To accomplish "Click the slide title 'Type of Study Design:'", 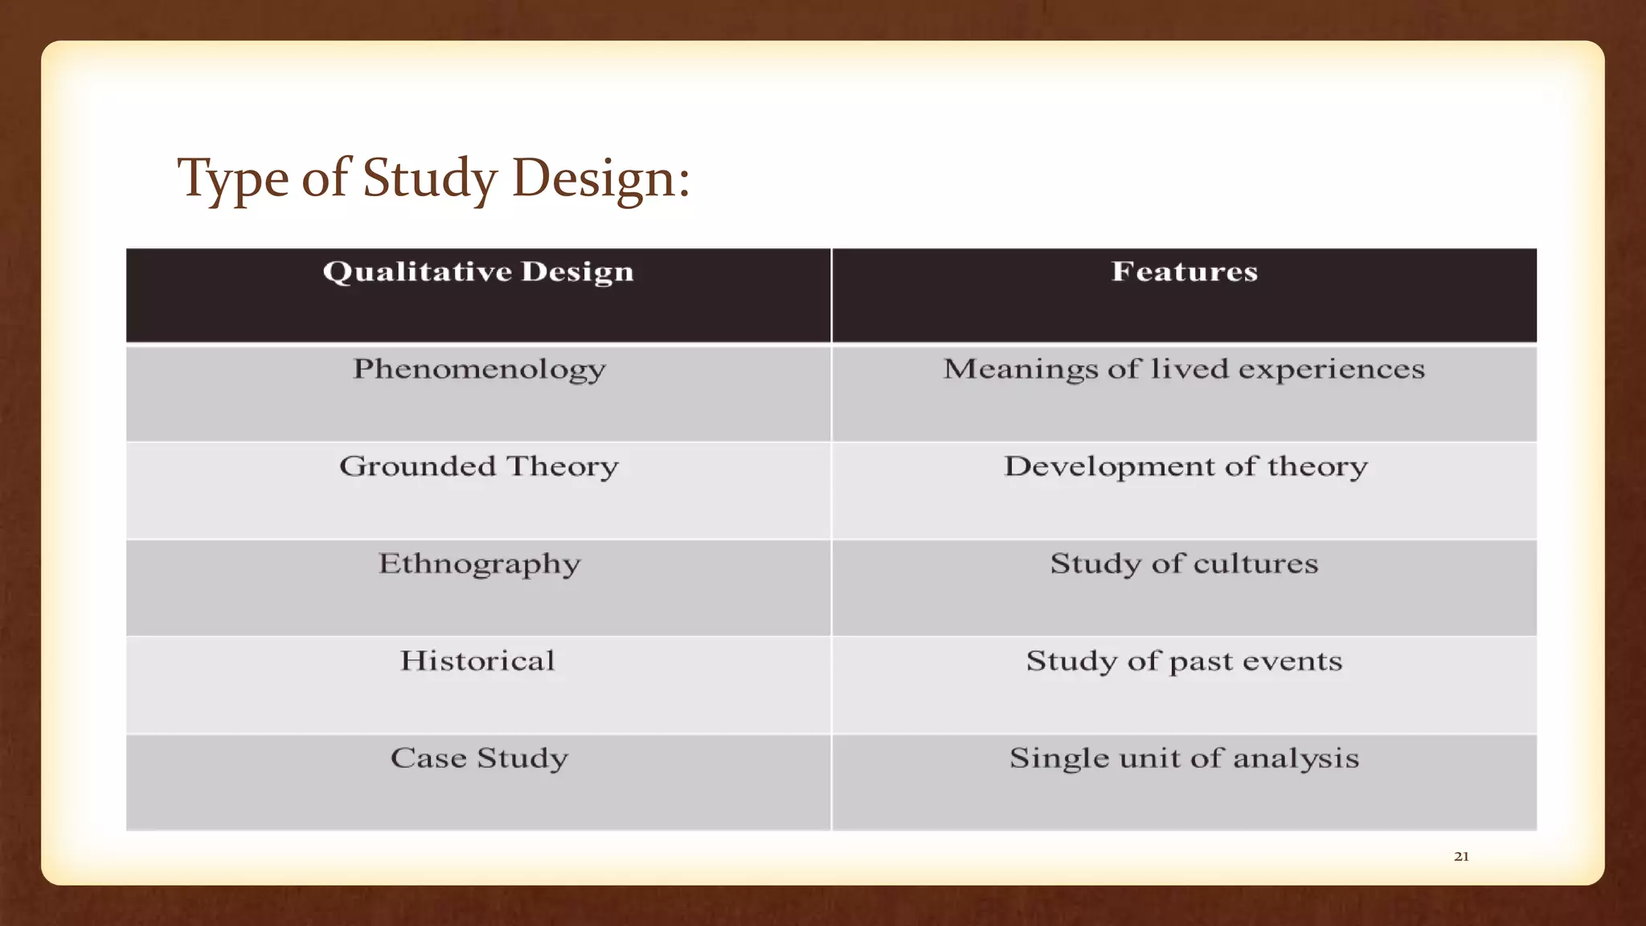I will [x=433, y=178].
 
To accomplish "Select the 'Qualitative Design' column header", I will [x=478, y=272].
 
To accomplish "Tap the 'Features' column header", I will [x=1184, y=272].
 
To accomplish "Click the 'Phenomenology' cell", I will [x=479, y=370].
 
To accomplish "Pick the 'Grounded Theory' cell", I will [x=479, y=466].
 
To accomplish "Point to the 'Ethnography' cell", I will [x=479, y=564].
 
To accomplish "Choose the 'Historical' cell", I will [x=477, y=661].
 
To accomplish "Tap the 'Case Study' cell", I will [x=479, y=758].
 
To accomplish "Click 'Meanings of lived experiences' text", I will [x=1184, y=369].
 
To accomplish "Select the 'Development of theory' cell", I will [x=1185, y=466].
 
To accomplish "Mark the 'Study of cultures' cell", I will [x=1184, y=563].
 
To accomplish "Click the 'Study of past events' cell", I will [x=1184, y=661].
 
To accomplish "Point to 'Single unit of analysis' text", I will [x=1184, y=758].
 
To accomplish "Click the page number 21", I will [x=1461, y=857].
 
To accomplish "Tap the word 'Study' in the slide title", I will [x=429, y=178].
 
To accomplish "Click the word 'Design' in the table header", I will [x=577, y=272].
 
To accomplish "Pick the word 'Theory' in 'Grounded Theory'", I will [x=562, y=466].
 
